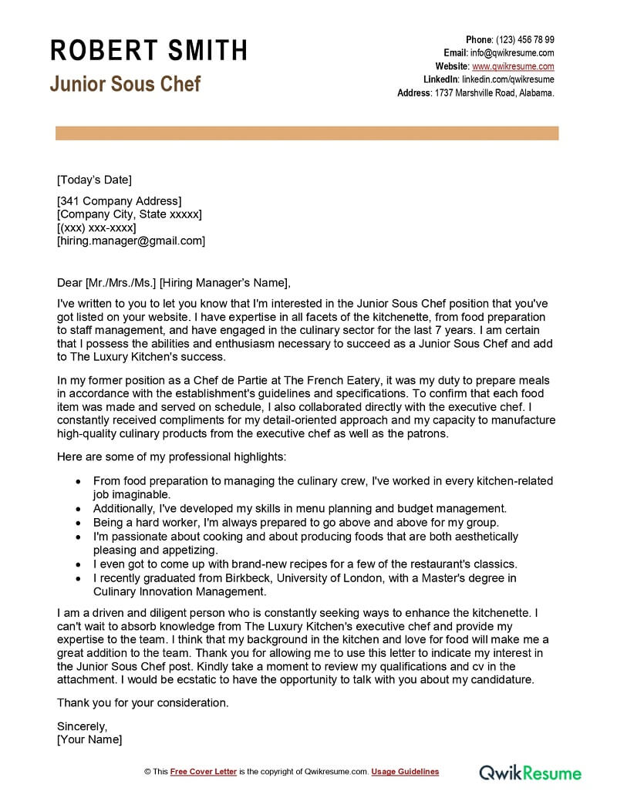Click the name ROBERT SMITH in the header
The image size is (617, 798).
coord(149,50)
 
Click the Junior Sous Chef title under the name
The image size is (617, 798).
coord(125,83)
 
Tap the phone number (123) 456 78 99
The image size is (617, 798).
coord(524,39)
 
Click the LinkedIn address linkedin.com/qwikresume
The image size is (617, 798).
coord(507,79)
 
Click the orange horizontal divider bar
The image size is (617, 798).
coord(307,133)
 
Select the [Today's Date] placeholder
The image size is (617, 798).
coord(94,180)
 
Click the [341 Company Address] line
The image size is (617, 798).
coord(119,200)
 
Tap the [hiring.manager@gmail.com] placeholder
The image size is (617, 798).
coord(131,241)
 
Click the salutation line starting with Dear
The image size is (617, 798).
coord(174,282)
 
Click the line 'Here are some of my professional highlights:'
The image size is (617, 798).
coord(171,456)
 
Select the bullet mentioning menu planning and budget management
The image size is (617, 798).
coord(299,508)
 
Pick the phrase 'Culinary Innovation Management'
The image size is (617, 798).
coord(180,591)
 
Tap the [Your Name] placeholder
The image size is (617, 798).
coord(89,739)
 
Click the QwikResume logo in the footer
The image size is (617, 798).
coord(531,771)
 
